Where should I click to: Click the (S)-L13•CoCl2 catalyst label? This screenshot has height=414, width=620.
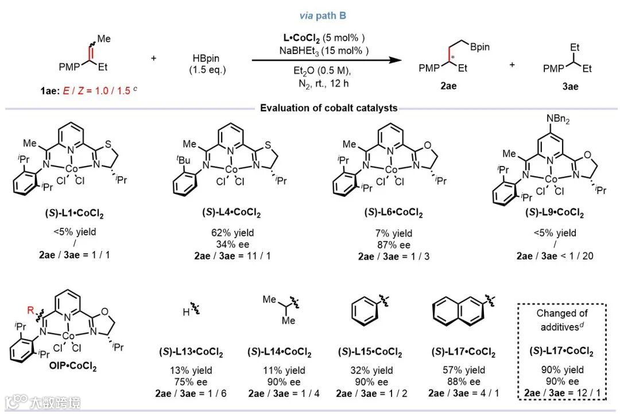click(191, 352)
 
